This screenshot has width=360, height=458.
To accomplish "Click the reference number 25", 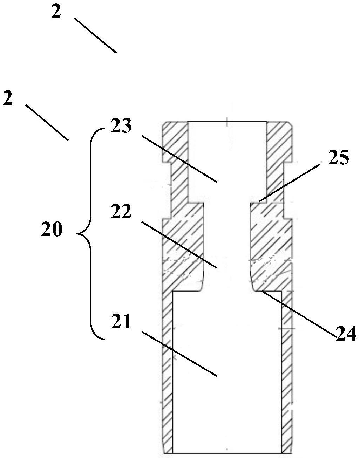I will click(x=338, y=158).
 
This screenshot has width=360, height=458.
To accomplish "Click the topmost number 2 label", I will click(x=56, y=12).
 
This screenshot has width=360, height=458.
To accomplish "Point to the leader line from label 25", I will click(x=289, y=182).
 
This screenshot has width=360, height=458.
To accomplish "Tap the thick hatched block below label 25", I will click(x=270, y=245).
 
